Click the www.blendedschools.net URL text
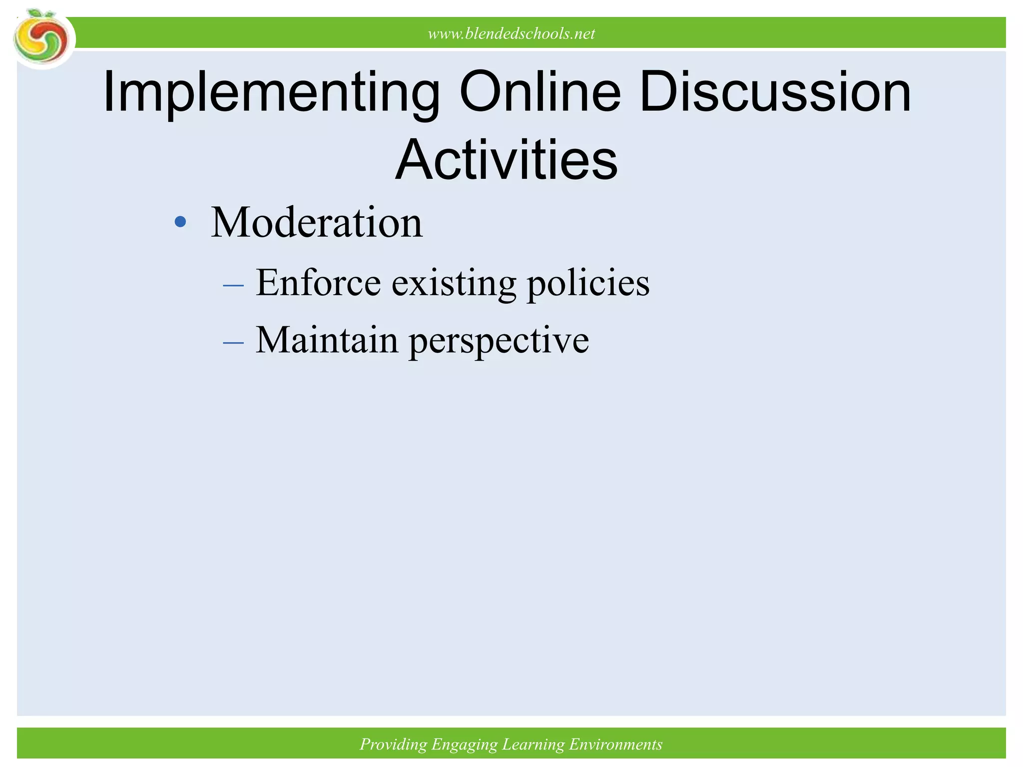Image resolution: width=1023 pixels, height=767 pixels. pos(511,34)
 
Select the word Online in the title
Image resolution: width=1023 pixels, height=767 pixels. pos(540,92)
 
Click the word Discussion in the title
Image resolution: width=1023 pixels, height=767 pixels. pos(775,92)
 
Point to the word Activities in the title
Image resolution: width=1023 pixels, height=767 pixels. pos(507,160)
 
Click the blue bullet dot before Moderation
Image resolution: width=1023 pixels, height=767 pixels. pos(180,222)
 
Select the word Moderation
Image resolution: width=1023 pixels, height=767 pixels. pos(317,222)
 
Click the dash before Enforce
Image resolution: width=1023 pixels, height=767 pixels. pos(233,286)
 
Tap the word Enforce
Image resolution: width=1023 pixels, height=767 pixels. pos(318,283)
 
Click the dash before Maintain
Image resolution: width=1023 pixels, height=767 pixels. pos(233,343)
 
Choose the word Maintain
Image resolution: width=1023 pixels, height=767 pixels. pos(327,340)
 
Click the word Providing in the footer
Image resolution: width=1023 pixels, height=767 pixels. pos(393,745)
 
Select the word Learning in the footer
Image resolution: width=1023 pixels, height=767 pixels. pos(532,745)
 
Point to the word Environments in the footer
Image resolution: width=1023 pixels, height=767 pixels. pos(615,745)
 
